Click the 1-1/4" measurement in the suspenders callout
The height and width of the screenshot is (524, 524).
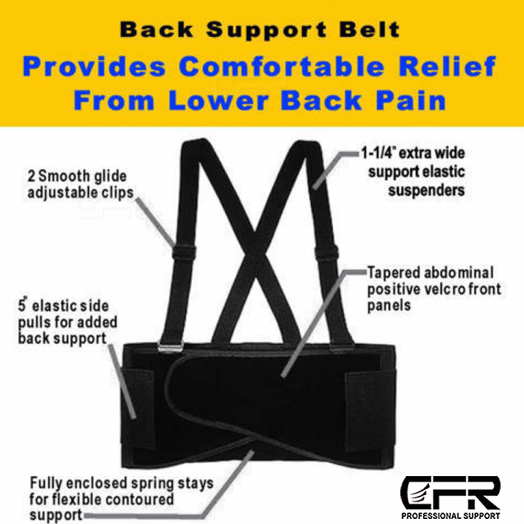point(378,154)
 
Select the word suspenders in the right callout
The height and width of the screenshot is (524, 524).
point(426,189)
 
